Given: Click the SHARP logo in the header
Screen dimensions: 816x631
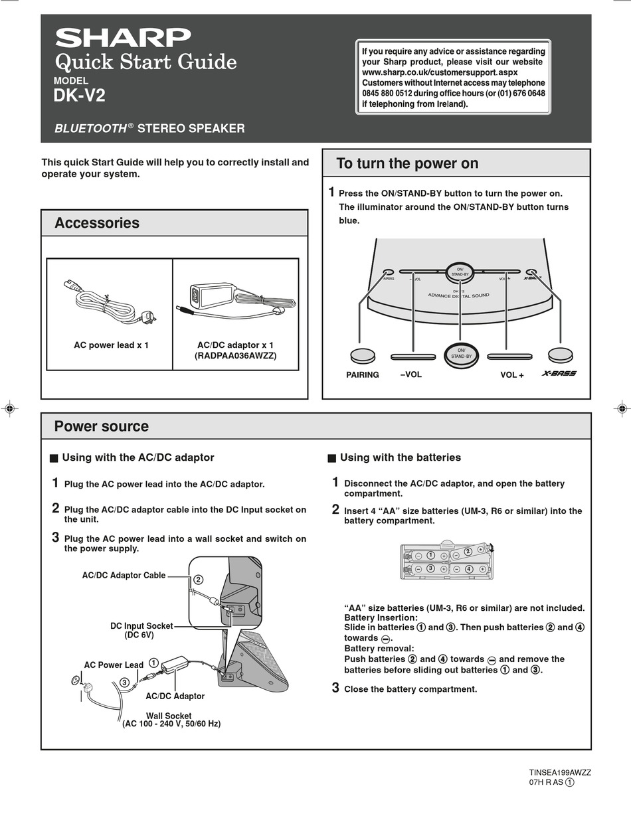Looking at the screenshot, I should tap(123, 37).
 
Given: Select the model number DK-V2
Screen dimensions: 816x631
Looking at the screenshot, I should tap(79, 96).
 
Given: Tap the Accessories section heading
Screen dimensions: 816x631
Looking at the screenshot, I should tap(97, 223).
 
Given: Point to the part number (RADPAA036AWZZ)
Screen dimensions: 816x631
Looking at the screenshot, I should tap(235, 356).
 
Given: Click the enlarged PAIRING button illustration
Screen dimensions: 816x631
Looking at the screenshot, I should tap(363, 356).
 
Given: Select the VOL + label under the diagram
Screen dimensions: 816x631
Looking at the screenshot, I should tap(512, 375).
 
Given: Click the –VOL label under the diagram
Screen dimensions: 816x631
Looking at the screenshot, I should tap(410, 374).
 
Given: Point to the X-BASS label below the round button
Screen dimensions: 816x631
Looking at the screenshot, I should tap(559, 373).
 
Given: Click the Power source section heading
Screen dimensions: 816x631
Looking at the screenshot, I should tap(102, 426).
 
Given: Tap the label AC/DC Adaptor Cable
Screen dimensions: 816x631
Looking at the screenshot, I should tap(124, 576).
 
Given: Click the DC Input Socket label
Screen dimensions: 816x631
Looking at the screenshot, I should tap(141, 626).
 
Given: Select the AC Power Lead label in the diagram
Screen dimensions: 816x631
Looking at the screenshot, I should tap(114, 665).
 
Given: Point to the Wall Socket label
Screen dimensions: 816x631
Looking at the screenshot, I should tap(169, 716).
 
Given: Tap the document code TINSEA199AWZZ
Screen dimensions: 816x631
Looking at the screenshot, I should tap(560, 773).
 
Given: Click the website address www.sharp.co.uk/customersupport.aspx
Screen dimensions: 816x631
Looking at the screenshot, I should tap(440, 72).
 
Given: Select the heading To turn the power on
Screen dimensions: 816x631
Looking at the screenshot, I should tap(407, 163).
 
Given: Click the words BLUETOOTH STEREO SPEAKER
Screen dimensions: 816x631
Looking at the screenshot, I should tap(149, 128).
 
